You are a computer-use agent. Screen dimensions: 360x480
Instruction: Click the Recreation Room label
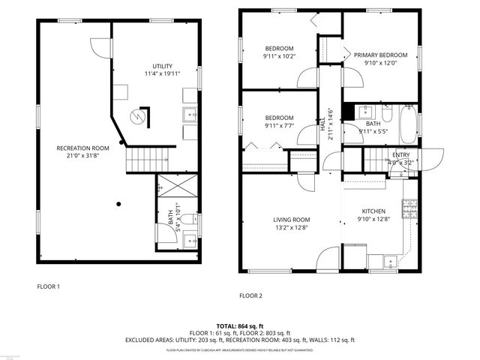(83, 148)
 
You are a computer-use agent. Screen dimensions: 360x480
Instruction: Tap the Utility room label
(163, 66)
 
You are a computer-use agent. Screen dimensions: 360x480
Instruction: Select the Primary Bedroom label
(380, 55)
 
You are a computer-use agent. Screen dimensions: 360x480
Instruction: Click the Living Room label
(291, 220)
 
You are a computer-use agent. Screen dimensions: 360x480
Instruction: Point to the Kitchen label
(373, 211)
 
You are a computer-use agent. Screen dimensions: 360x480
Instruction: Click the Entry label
(400, 154)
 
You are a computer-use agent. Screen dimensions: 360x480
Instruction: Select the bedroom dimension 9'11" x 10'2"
(279, 55)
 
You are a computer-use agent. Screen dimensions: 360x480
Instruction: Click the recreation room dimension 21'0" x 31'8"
(83, 156)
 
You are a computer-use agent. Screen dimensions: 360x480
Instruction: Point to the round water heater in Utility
(136, 117)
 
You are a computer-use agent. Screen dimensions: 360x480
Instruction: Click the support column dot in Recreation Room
(118, 202)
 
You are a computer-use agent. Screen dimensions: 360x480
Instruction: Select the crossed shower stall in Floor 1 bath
(178, 185)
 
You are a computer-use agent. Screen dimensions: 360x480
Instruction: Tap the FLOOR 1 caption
(49, 286)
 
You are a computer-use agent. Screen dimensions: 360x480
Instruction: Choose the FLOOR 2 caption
(250, 295)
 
